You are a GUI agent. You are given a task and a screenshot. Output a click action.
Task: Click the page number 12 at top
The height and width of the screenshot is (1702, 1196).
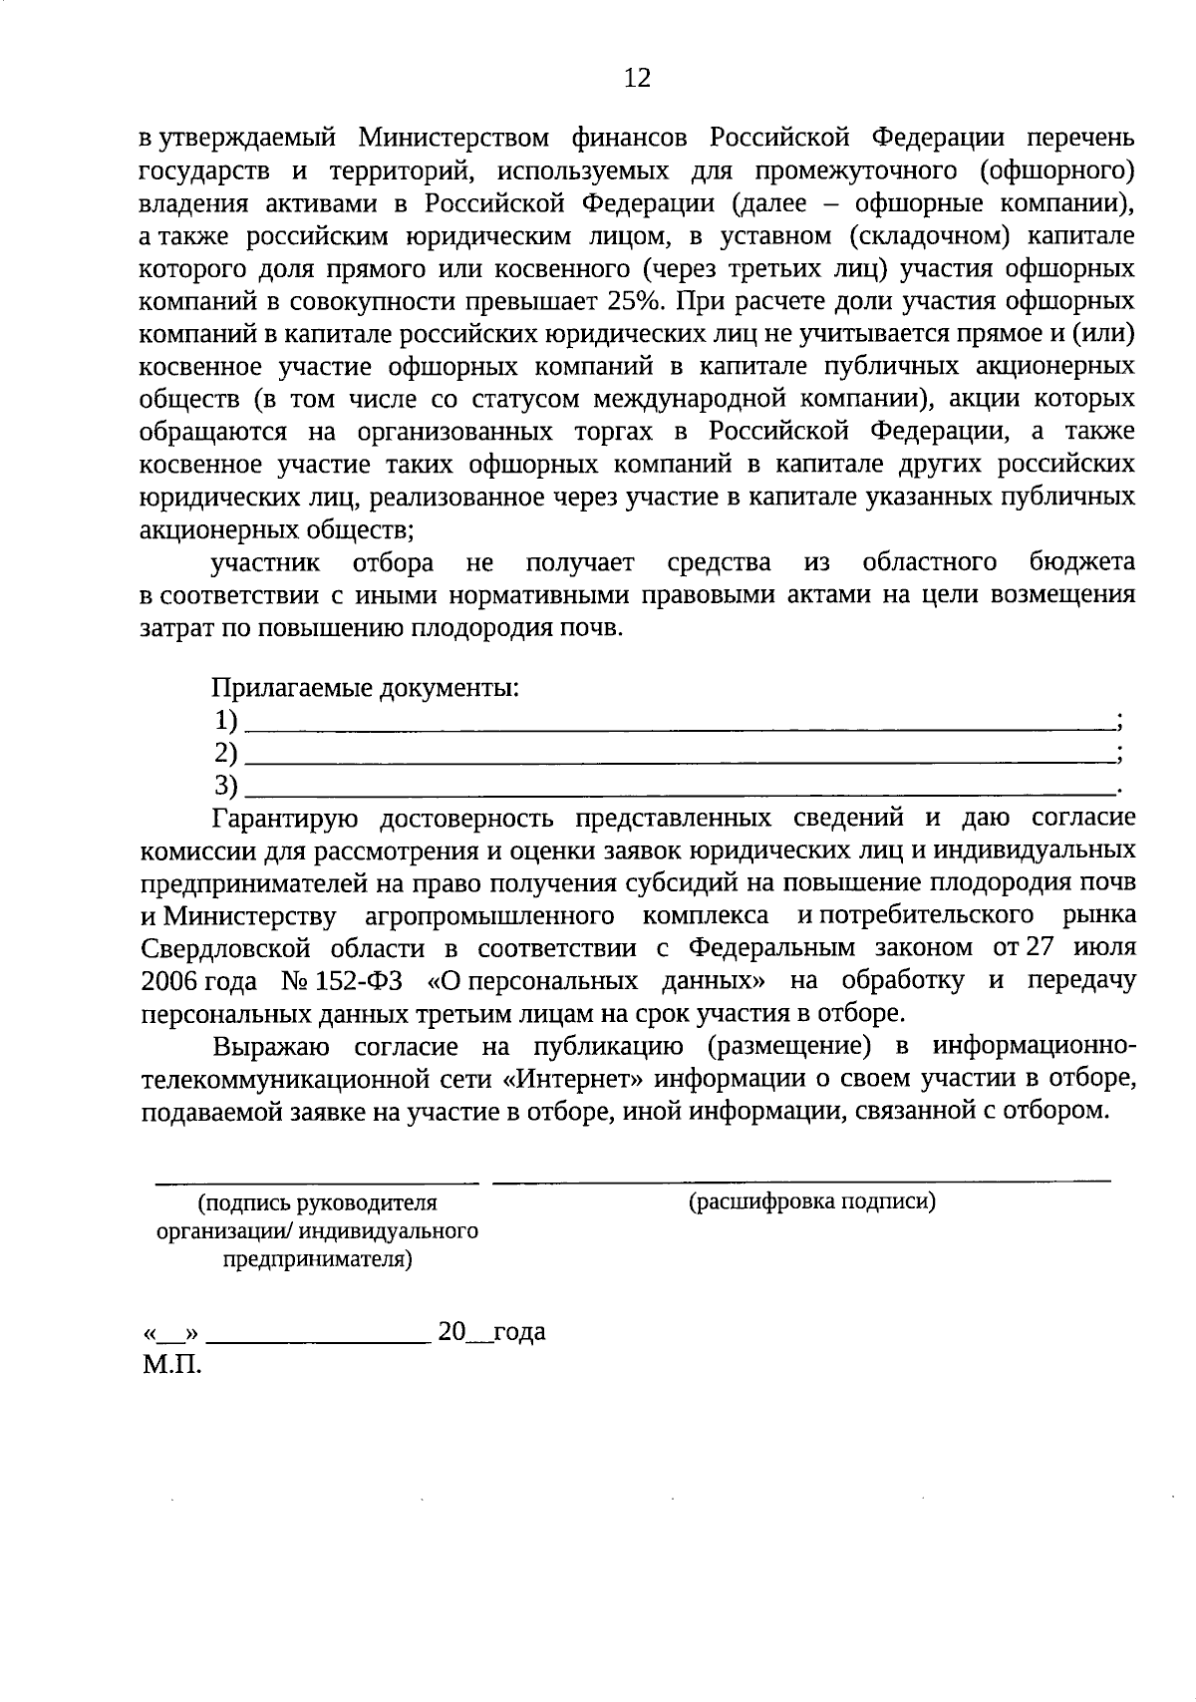(637, 78)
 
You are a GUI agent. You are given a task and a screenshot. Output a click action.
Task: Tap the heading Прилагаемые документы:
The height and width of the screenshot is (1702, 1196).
(365, 688)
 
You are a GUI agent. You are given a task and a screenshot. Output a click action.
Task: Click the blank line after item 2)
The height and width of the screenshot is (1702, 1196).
(678, 759)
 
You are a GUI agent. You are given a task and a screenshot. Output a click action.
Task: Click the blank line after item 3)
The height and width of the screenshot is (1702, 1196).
(678, 793)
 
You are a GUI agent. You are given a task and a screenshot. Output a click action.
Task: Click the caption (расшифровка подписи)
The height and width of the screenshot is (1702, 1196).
(812, 1201)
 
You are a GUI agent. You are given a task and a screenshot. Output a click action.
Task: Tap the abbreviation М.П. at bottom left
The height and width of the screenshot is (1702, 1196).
(171, 1365)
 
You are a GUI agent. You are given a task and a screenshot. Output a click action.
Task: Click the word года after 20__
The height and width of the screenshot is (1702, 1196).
(518, 1332)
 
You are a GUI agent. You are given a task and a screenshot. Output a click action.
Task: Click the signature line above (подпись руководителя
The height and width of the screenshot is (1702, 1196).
(316, 1183)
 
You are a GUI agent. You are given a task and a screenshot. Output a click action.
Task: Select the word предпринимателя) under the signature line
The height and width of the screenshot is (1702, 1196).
(317, 1259)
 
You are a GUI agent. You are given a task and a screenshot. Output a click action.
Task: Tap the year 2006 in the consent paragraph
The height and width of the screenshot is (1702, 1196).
(170, 981)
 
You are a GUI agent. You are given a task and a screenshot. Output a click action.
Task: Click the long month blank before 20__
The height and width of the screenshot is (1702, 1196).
(318, 1339)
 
